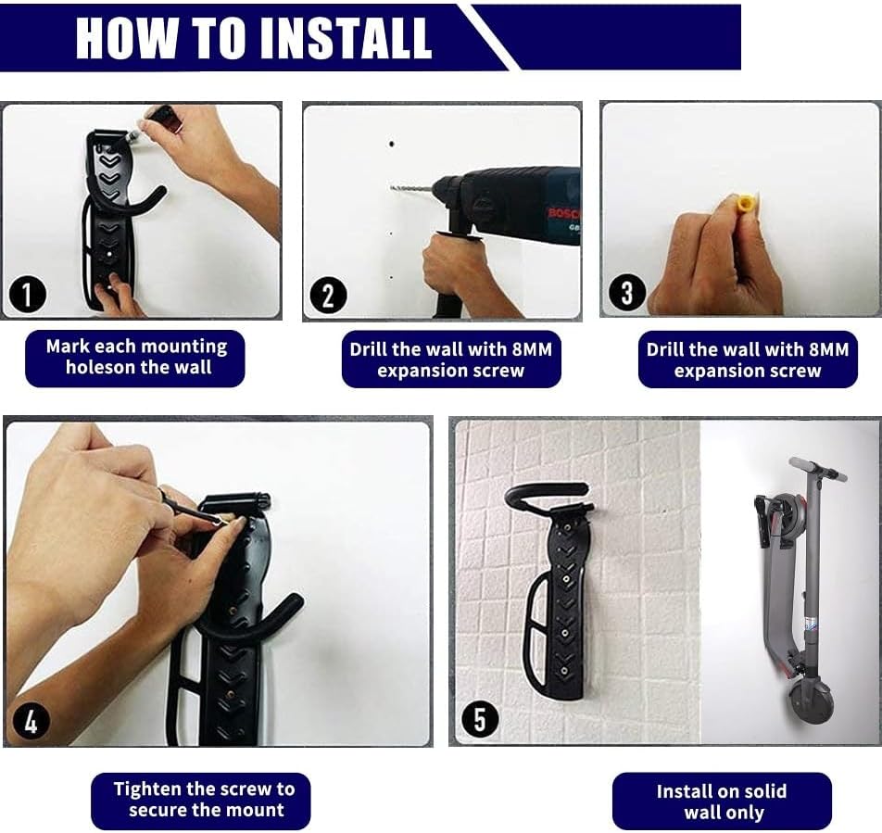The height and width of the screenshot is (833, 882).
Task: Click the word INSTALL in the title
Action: pyautogui.click(x=346, y=38)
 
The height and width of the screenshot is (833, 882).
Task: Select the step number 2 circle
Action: pyautogui.click(x=328, y=296)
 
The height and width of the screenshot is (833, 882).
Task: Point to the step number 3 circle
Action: pyautogui.click(x=627, y=293)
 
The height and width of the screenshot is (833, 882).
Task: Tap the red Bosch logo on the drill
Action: pyautogui.click(x=563, y=213)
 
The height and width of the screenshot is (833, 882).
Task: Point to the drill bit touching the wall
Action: pyautogui.click(x=411, y=188)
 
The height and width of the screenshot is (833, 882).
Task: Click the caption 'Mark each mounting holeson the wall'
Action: pyautogui.click(x=135, y=358)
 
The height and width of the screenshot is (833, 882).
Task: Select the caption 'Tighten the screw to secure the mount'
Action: pyautogui.click(x=205, y=800)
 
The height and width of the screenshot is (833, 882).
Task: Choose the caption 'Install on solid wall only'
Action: pyautogui.click(x=722, y=801)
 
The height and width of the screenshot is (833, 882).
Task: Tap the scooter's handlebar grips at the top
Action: pyautogui.click(x=817, y=469)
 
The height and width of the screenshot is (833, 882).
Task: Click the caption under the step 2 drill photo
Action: pyautogui.click(x=451, y=360)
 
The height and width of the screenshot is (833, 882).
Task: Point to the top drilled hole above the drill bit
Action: pyautogui.click(x=392, y=144)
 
